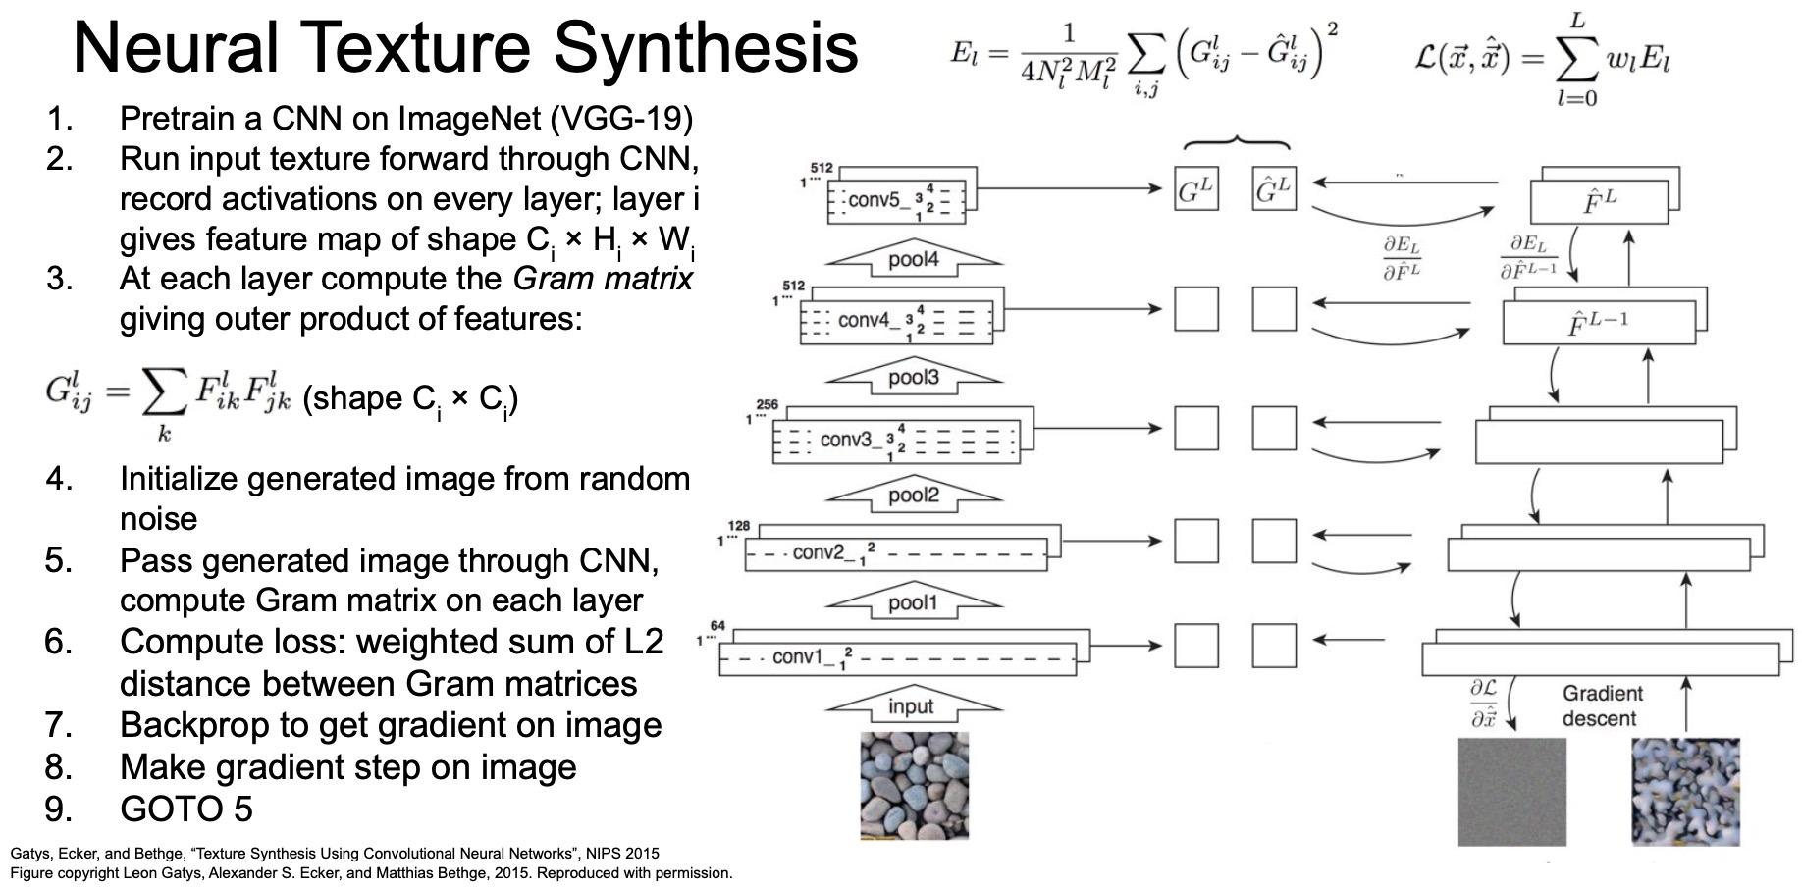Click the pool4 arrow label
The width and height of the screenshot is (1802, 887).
914,260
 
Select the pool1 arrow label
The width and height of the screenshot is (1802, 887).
914,602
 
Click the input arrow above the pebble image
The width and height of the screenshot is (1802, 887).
912,706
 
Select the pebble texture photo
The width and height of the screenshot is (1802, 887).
914,786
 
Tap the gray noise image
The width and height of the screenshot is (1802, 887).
1511,792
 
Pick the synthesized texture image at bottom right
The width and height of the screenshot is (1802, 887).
1685,792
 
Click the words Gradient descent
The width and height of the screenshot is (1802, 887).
1602,706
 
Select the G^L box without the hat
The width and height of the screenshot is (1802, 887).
1195,189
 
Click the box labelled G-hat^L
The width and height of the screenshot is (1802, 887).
1273,189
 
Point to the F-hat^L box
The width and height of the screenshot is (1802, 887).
1599,202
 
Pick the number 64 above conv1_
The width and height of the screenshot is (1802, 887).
717,626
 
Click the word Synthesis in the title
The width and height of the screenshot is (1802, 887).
706,47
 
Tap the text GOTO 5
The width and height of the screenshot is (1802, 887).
186,809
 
